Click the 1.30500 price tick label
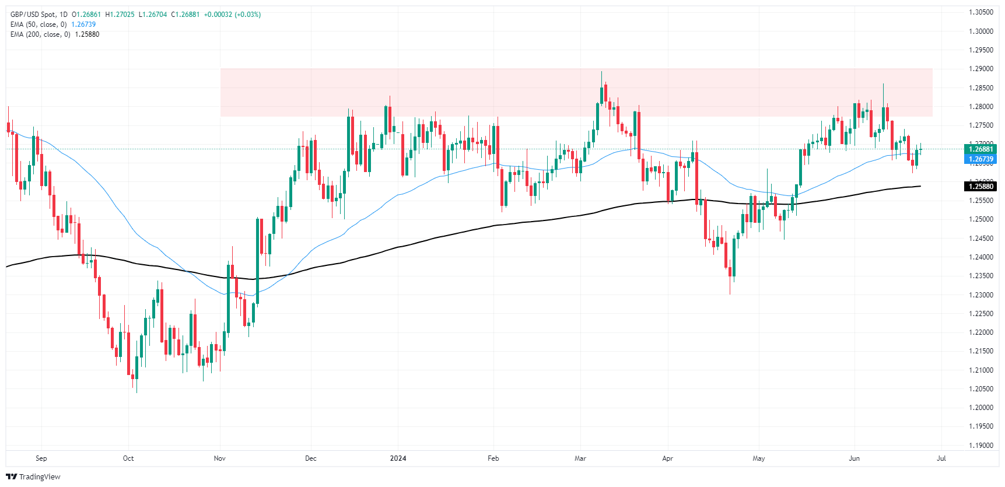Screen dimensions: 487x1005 click(x=981, y=12)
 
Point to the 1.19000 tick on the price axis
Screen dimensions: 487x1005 click(x=981, y=445)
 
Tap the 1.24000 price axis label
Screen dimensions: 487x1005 click(x=981, y=257)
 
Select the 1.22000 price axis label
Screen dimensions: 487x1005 click(x=981, y=332)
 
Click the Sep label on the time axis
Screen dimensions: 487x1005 click(x=41, y=458)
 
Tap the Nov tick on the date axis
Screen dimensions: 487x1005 click(x=220, y=458)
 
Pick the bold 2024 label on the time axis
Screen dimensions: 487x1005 click(x=398, y=458)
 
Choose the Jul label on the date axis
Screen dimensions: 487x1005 click(x=941, y=458)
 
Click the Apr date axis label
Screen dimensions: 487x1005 click(x=667, y=458)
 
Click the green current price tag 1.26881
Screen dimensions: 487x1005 click(x=981, y=149)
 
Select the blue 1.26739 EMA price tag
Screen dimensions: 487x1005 click(x=981, y=159)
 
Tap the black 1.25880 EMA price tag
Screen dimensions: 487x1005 click(x=981, y=187)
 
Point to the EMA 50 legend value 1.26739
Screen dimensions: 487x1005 click(x=83, y=24)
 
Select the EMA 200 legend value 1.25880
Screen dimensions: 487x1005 click(x=87, y=34)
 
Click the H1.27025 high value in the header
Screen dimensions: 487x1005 click(x=120, y=15)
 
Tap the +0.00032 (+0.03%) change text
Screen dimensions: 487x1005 click(x=232, y=15)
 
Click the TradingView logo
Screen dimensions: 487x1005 click(x=33, y=477)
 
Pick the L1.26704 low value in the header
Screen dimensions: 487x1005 click(x=152, y=15)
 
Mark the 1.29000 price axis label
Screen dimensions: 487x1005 click(x=981, y=69)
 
